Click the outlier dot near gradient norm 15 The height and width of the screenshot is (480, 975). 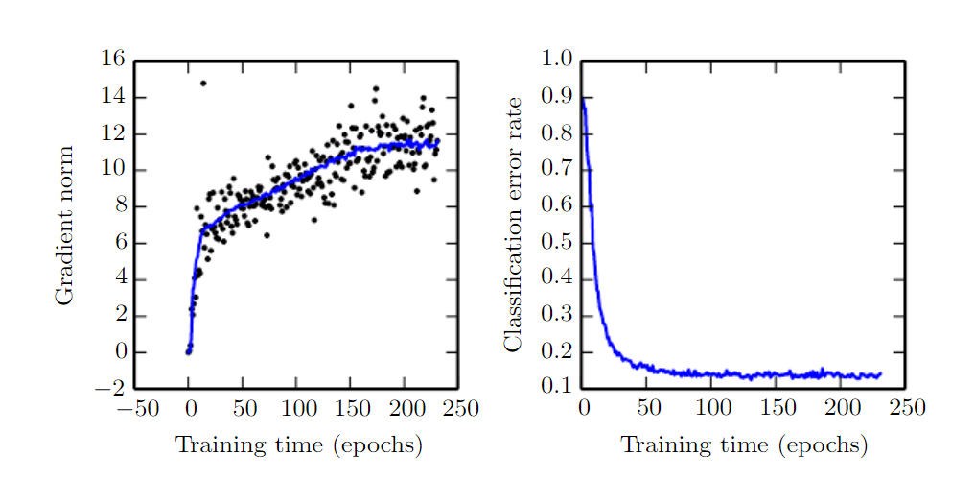point(203,84)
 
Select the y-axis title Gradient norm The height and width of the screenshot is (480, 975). point(64,226)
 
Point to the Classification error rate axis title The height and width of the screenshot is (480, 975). point(514,224)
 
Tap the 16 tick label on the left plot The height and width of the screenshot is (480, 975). point(113,60)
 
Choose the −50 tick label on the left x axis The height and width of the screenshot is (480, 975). point(134,410)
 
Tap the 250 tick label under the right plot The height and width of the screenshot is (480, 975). point(906,410)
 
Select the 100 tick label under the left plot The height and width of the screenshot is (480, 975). point(296,410)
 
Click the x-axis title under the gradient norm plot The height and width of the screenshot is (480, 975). point(298,445)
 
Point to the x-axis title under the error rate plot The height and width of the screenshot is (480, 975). point(744,445)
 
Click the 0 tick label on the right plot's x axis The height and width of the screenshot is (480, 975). point(583,410)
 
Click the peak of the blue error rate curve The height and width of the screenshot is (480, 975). point(583,98)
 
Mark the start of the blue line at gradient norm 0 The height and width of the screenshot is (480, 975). point(189,352)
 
